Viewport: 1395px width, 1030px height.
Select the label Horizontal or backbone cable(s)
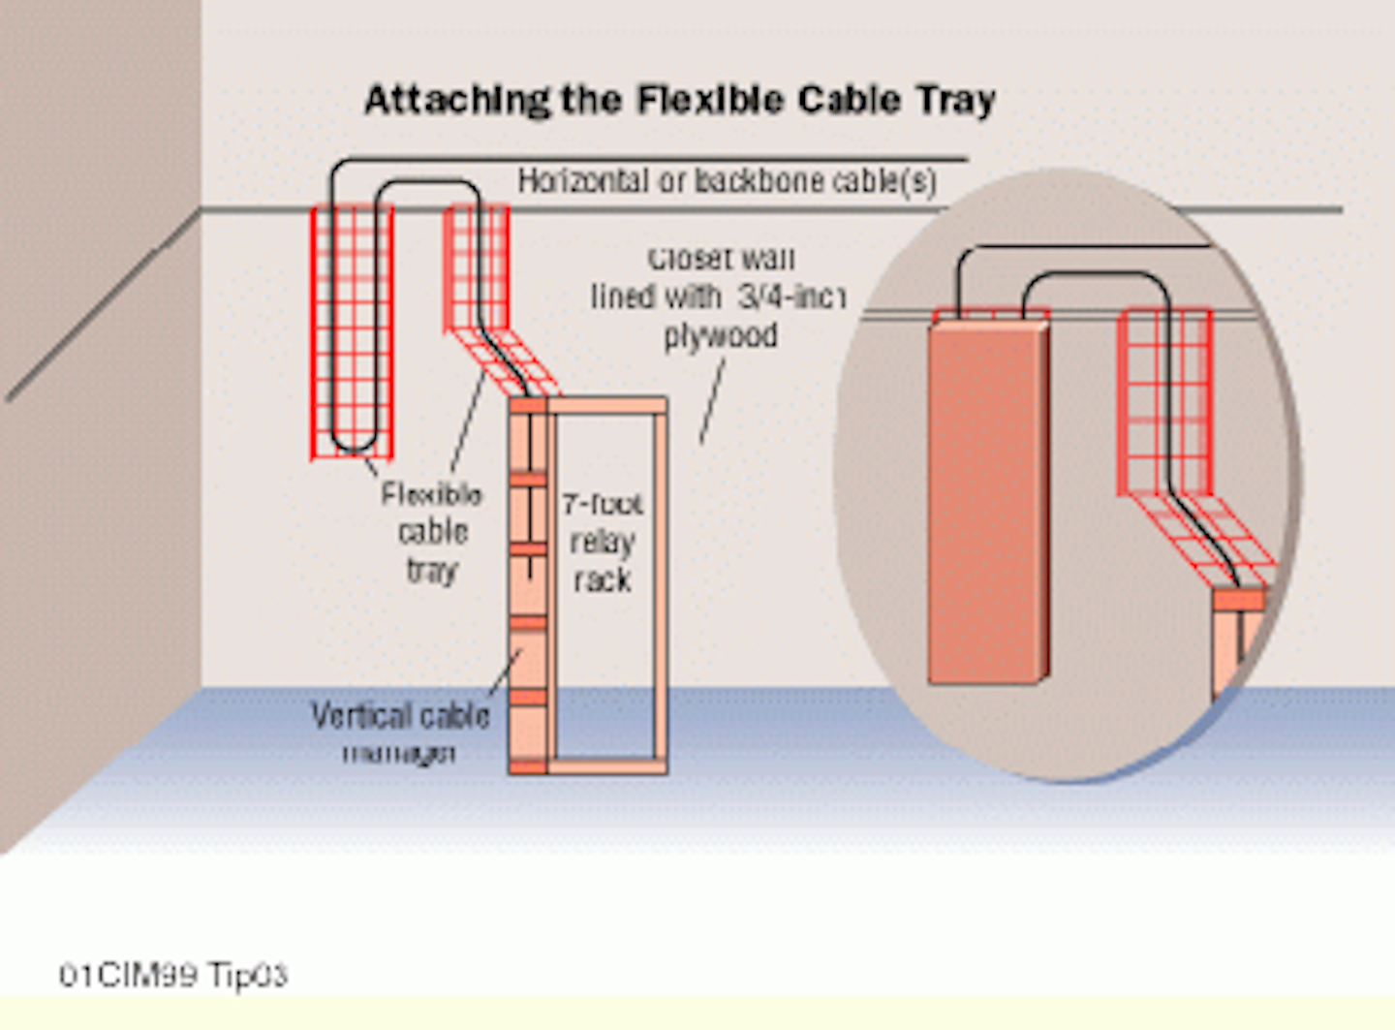[x=727, y=181]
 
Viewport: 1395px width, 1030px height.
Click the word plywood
[x=720, y=336]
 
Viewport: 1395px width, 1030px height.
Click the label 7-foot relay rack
[x=602, y=542]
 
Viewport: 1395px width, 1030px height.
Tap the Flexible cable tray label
[x=432, y=532]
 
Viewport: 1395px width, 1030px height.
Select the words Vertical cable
[x=400, y=716]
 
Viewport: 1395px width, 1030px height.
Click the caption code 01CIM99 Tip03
[x=173, y=975]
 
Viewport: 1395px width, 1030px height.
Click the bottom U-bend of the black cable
[x=353, y=444]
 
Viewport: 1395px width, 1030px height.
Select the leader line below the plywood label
[x=712, y=400]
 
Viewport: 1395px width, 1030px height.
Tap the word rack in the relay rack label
[x=602, y=580]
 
